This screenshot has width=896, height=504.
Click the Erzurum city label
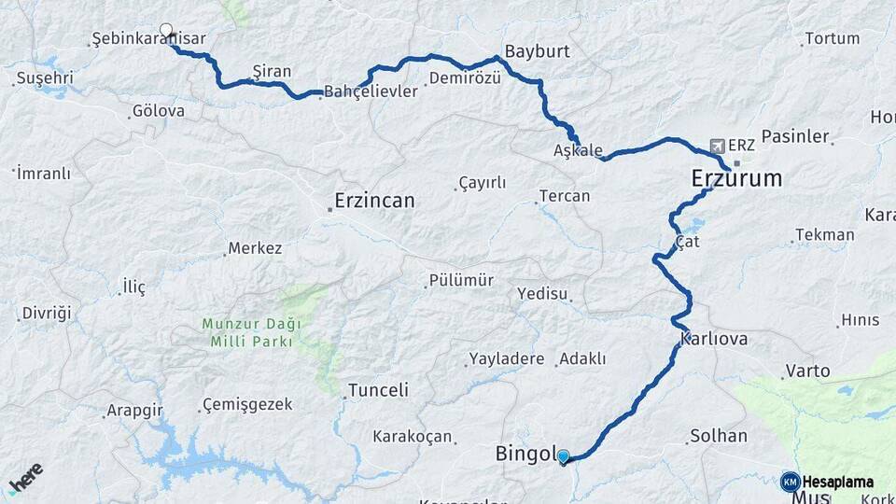(x=736, y=178)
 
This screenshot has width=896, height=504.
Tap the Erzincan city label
(x=375, y=201)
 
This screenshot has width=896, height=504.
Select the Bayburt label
(x=537, y=50)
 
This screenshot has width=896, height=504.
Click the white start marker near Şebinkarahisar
(x=166, y=31)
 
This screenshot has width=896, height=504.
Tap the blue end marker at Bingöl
(x=563, y=456)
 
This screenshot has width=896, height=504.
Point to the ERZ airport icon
(x=717, y=146)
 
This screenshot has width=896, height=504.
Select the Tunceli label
(x=378, y=390)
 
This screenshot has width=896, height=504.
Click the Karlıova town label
(x=714, y=339)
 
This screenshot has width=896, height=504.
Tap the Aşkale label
(x=578, y=150)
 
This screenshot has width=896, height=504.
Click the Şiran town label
(x=272, y=71)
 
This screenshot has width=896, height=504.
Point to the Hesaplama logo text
(x=837, y=482)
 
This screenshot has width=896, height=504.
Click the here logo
(x=25, y=481)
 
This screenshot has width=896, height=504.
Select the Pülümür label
(x=460, y=280)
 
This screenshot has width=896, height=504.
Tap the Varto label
(x=807, y=371)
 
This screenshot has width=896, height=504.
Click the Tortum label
(x=832, y=38)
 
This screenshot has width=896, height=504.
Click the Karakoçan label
(x=413, y=436)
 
